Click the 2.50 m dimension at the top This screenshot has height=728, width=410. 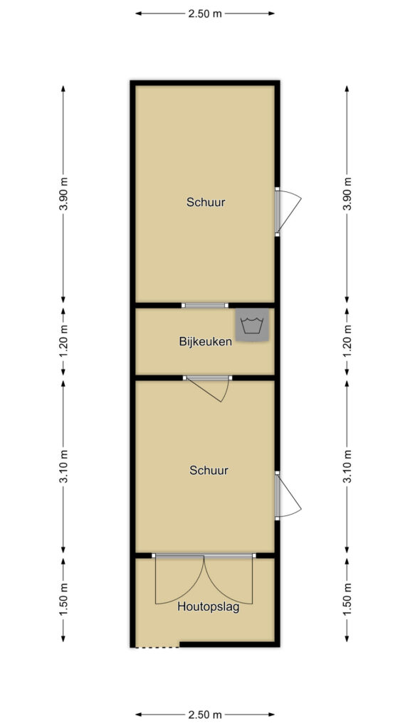pyautogui.click(x=204, y=14)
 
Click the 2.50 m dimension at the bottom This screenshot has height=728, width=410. pyautogui.click(x=204, y=714)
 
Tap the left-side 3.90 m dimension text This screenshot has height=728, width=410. pyautogui.click(x=63, y=194)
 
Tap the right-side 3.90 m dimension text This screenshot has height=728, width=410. pyautogui.click(x=347, y=194)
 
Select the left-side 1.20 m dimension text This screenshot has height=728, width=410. pyautogui.click(x=63, y=341)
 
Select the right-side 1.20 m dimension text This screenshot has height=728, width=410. pyautogui.click(x=347, y=341)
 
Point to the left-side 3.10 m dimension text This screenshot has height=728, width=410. pyautogui.click(x=63, y=466)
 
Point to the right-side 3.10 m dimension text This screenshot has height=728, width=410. pyautogui.click(x=347, y=466)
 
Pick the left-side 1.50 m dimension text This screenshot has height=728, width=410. pyautogui.click(x=63, y=599)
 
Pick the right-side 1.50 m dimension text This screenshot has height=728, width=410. pyautogui.click(x=347, y=599)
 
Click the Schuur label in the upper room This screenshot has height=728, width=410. pyautogui.click(x=206, y=203)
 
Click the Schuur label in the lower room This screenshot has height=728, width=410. pyautogui.click(x=209, y=471)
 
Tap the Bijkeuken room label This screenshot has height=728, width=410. pyautogui.click(x=205, y=342)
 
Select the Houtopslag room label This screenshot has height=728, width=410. pyautogui.click(x=209, y=607)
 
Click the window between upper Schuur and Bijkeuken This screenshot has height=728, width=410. pyautogui.click(x=204, y=305)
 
